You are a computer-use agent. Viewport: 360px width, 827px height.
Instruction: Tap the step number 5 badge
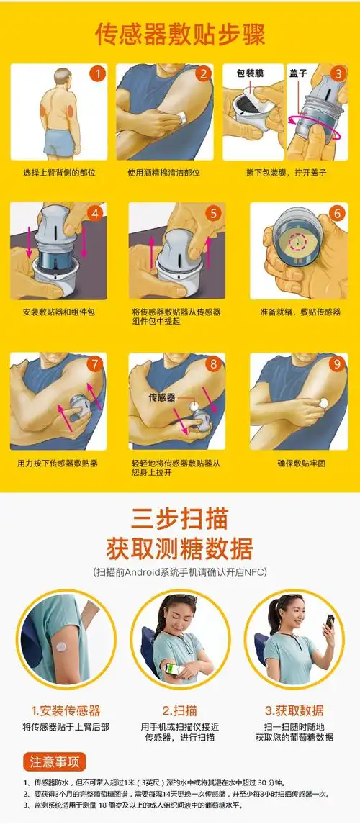[212, 213]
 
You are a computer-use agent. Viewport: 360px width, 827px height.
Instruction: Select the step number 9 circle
[336, 363]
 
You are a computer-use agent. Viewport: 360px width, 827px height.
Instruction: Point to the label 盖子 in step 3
[298, 73]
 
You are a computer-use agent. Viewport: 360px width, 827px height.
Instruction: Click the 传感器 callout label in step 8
[162, 397]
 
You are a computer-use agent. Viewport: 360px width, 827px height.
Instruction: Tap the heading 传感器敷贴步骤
[180, 34]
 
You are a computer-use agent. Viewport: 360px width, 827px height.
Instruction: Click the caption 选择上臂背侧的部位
[59, 173]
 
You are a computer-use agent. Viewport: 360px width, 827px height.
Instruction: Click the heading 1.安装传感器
[66, 710]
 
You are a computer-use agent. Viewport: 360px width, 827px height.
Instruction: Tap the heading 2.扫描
[180, 710]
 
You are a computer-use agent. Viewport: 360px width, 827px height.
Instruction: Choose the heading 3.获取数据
[294, 710]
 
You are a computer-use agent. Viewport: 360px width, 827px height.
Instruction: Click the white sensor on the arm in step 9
[324, 402]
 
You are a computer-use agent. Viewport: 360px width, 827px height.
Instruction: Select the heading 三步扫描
[180, 519]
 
